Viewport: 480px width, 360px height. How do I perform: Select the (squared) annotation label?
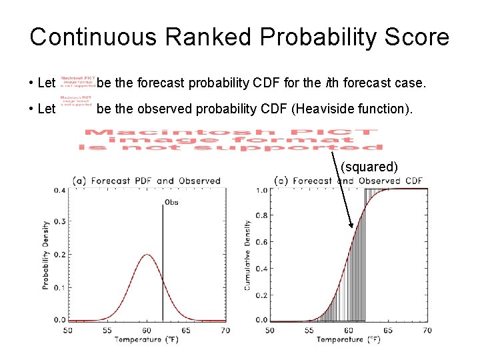(369, 167)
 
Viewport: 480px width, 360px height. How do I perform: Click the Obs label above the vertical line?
(171, 201)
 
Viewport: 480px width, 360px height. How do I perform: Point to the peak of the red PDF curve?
(147, 255)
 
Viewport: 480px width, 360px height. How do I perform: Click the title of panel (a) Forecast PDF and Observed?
(147, 181)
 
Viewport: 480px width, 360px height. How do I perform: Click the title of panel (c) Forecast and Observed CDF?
(349, 181)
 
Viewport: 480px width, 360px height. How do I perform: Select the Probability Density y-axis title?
(46, 255)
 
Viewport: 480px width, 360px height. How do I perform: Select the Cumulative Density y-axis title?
(247, 255)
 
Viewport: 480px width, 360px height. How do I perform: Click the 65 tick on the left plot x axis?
(185, 330)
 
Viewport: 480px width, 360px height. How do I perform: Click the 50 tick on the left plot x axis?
(68, 330)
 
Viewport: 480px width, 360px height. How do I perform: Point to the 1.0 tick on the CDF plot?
(261, 191)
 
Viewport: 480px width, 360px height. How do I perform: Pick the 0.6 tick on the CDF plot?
(261, 242)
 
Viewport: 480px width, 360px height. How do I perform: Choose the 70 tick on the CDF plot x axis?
(427, 330)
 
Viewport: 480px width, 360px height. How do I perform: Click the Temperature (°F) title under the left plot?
(147, 340)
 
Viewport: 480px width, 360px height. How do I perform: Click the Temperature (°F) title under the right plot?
(349, 340)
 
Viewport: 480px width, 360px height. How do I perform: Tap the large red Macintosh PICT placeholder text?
(230, 139)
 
